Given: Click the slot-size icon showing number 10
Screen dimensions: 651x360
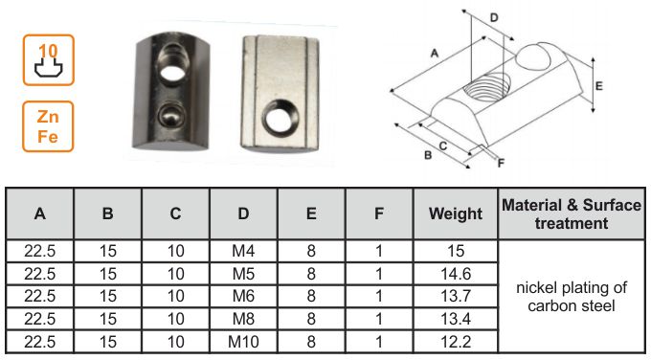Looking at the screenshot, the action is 49,60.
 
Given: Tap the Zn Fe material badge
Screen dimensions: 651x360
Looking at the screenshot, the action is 48,126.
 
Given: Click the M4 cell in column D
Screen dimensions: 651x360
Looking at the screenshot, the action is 243,251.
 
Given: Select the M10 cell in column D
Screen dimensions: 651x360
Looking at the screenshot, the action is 243,342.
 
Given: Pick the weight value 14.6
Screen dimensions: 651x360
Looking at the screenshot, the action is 456,274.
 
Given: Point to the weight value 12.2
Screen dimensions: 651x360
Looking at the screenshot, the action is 456,342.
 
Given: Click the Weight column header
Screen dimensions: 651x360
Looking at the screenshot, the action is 456,214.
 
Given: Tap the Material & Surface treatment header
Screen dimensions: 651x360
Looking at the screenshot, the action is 572,214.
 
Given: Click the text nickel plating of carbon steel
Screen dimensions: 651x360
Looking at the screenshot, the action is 572,297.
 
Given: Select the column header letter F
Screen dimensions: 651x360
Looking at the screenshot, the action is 379,214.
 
